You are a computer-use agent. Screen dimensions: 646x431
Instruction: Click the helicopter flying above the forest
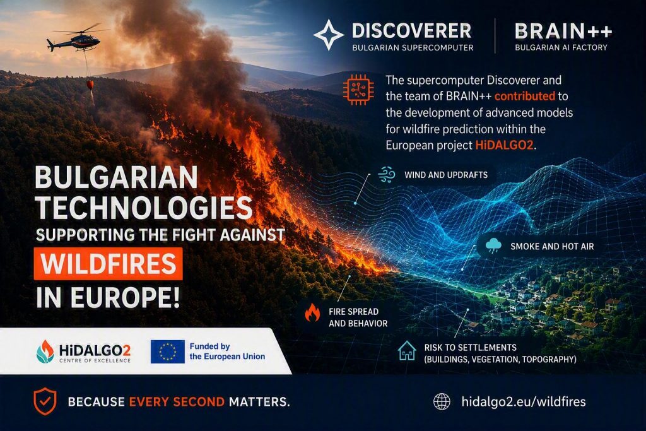(76, 39)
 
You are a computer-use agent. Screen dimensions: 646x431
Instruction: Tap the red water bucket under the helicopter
(90, 85)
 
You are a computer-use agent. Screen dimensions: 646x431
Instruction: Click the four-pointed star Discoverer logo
(328, 35)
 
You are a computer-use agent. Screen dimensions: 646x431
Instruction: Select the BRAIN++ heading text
(563, 31)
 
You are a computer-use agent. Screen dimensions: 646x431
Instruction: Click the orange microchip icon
(358, 90)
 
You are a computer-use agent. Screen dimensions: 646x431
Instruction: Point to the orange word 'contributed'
(524, 96)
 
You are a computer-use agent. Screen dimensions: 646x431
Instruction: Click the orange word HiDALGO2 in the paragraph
(504, 145)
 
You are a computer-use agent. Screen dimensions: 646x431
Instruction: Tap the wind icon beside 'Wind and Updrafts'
(387, 175)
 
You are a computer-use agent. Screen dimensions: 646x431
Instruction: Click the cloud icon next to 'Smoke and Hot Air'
(493, 246)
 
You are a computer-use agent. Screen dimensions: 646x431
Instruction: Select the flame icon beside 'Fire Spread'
(312, 312)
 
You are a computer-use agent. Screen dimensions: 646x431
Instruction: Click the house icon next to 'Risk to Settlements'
(407, 351)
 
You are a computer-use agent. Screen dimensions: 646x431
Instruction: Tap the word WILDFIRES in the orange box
(109, 264)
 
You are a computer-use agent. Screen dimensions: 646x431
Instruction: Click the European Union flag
(167, 351)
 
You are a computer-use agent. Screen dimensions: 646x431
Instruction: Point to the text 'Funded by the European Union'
(227, 351)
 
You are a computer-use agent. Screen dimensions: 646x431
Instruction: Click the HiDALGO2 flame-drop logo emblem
(45, 351)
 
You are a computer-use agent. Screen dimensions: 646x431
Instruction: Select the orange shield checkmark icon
(45, 401)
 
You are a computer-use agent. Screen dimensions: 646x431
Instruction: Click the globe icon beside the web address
(442, 401)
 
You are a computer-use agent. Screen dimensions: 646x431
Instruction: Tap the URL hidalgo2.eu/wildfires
(523, 401)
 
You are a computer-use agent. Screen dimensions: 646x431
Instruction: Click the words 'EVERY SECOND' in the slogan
(177, 402)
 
